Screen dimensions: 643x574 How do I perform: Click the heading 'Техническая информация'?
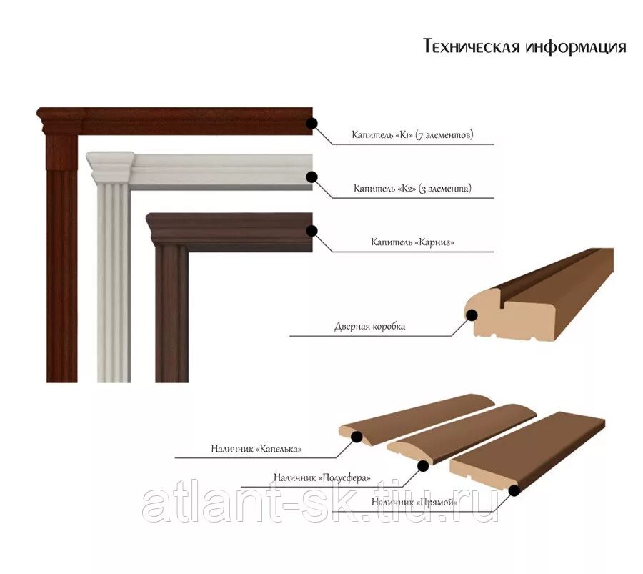click(524, 47)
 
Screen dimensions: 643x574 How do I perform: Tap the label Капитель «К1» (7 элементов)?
click(412, 134)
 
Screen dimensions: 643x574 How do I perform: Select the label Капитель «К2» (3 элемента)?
click(412, 189)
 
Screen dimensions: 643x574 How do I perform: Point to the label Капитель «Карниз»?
click(412, 243)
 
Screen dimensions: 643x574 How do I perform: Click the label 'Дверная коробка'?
click(369, 326)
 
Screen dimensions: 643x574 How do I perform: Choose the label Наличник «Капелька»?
click(256, 449)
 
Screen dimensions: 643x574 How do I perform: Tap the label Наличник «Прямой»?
click(414, 502)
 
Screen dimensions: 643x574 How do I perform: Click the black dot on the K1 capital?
click(311, 123)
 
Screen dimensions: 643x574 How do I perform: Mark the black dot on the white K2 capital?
click(311, 177)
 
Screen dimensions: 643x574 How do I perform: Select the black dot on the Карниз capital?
click(311, 230)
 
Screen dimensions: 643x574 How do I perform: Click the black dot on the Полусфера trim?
click(422, 466)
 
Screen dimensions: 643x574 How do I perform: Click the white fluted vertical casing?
click(114, 286)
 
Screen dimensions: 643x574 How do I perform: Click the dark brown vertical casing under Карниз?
click(171, 315)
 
